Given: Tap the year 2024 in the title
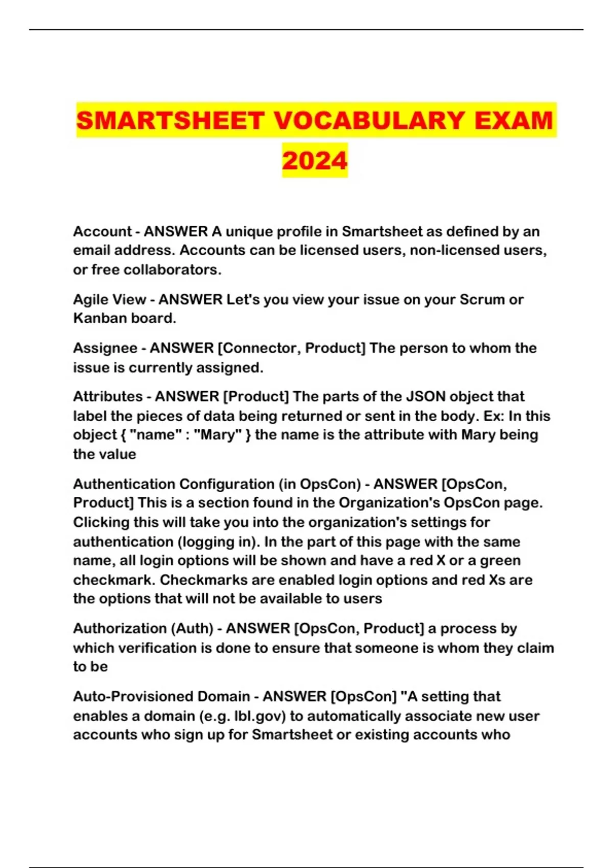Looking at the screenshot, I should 315,160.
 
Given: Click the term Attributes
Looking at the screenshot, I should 108,397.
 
